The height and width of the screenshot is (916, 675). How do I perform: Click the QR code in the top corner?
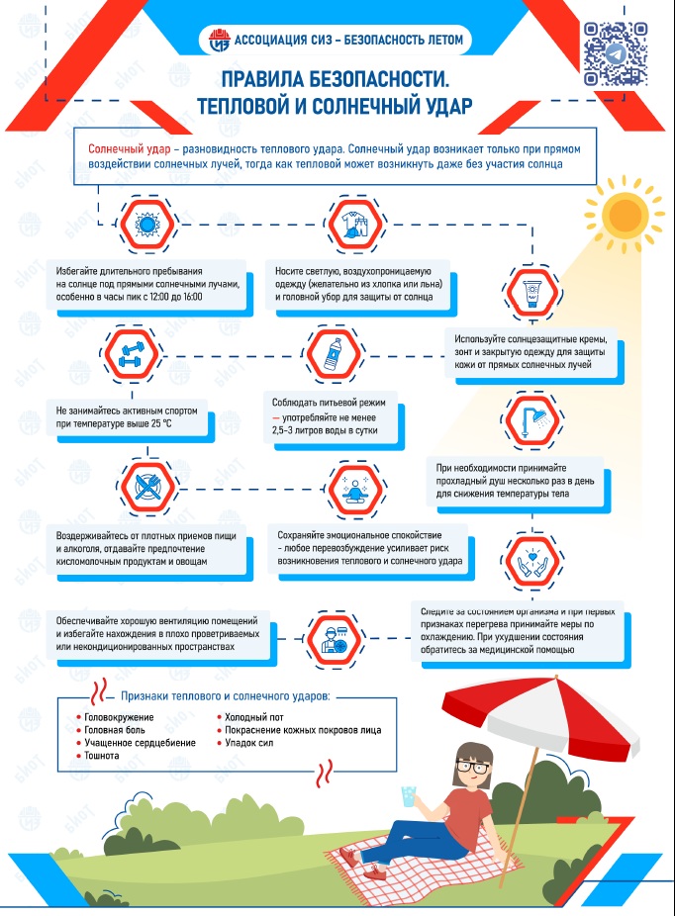615,54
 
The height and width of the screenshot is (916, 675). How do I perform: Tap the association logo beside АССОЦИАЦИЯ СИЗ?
219,41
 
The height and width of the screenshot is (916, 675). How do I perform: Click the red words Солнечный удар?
129,149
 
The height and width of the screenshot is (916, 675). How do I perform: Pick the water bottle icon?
334,354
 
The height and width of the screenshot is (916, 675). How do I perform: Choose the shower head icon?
531,419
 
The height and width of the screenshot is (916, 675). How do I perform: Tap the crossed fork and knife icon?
147,487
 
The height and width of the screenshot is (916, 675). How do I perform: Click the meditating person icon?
354,489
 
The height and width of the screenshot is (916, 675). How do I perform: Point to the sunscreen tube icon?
531,293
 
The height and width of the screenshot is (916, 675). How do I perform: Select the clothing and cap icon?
355,225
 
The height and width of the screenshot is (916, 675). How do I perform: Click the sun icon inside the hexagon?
146,224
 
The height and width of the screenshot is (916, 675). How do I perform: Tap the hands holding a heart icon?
531,561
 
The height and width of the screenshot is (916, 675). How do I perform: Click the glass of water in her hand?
408,797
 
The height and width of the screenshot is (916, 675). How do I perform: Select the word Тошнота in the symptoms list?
102,756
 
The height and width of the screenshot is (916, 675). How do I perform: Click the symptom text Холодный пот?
254,717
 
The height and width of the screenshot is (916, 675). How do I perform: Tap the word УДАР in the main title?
446,106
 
